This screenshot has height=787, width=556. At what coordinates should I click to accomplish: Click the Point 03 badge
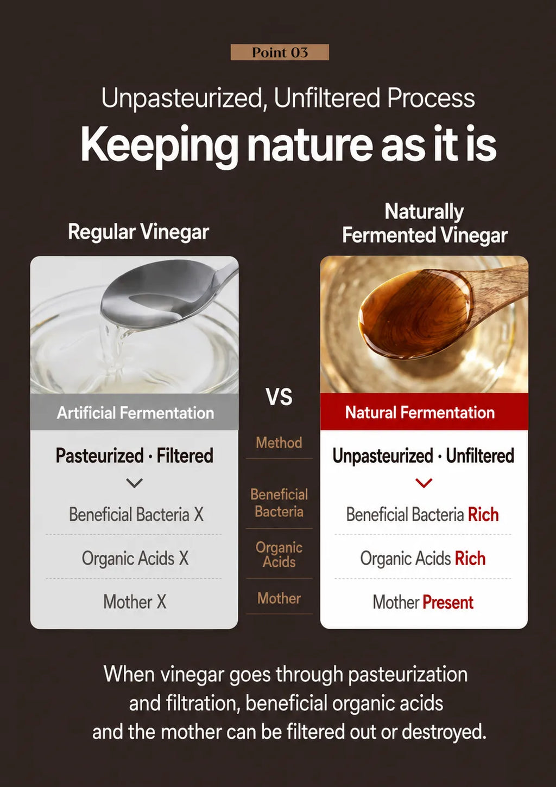point(280,53)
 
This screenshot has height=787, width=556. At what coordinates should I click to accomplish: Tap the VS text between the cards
point(279,397)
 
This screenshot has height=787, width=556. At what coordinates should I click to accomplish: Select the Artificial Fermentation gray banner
point(134,412)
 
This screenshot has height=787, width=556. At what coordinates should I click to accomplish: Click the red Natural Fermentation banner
point(424,412)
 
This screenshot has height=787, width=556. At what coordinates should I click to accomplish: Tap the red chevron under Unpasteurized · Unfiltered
point(424,483)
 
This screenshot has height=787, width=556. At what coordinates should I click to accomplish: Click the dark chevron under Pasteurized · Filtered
point(134,483)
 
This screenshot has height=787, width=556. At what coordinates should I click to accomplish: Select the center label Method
point(279,443)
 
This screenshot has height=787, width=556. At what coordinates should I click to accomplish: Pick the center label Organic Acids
point(279,555)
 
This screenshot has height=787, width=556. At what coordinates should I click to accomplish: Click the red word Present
point(448,603)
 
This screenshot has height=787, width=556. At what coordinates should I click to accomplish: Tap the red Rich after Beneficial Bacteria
point(483,515)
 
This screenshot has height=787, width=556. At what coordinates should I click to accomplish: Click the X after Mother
point(161,602)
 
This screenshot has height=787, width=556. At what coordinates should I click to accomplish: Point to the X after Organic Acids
point(184,558)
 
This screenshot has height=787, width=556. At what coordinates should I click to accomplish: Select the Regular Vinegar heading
point(138,232)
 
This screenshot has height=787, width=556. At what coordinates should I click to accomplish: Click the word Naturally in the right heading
point(424,212)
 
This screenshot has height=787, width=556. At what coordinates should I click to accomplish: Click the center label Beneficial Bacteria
point(279,503)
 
